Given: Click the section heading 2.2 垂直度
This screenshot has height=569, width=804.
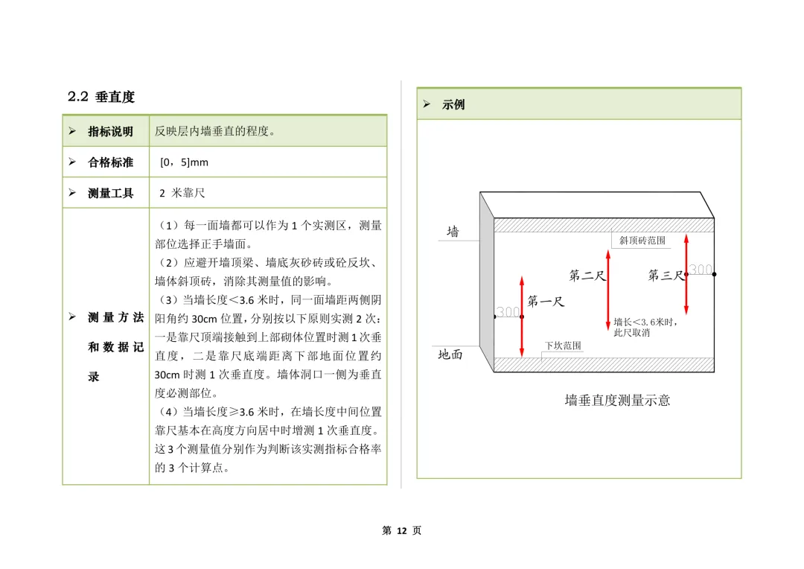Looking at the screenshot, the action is click(x=101, y=97).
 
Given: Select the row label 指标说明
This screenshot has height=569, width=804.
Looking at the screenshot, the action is click(x=110, y=132).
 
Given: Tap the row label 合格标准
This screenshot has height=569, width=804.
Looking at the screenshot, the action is click(x=110, y=162).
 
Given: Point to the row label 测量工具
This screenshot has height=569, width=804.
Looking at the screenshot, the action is click(x=110, y=193).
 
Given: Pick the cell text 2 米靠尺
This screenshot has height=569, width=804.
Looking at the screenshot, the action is click(x=182, y=193).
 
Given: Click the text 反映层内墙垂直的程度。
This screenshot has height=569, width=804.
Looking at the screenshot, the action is click(x=215, y=132).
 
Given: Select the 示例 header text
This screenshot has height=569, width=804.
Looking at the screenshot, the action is click(x=453, y=105).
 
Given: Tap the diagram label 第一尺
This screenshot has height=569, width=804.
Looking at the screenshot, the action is click(x=546, y=302).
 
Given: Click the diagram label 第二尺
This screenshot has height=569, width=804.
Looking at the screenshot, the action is click(x=587, y=276).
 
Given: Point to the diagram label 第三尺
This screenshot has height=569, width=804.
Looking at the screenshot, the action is click(x=665, y=276).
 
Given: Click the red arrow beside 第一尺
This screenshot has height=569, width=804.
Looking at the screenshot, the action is click(x=522, y=317).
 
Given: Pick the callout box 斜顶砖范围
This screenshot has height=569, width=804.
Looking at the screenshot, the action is click(x=642, y=241).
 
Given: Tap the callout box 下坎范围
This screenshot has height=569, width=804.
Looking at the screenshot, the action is click(x=563, y=346).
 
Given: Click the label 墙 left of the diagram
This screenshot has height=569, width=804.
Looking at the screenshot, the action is click(x=453, y=232).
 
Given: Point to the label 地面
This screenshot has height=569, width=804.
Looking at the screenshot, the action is click(x=450, y=355).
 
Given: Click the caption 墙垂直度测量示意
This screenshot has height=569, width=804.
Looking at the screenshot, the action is click(x=617, y=401).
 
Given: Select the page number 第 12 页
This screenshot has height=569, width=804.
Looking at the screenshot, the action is click(x=401, y=530).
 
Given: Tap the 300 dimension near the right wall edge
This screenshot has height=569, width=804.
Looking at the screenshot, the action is click(x=701, y=270).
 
